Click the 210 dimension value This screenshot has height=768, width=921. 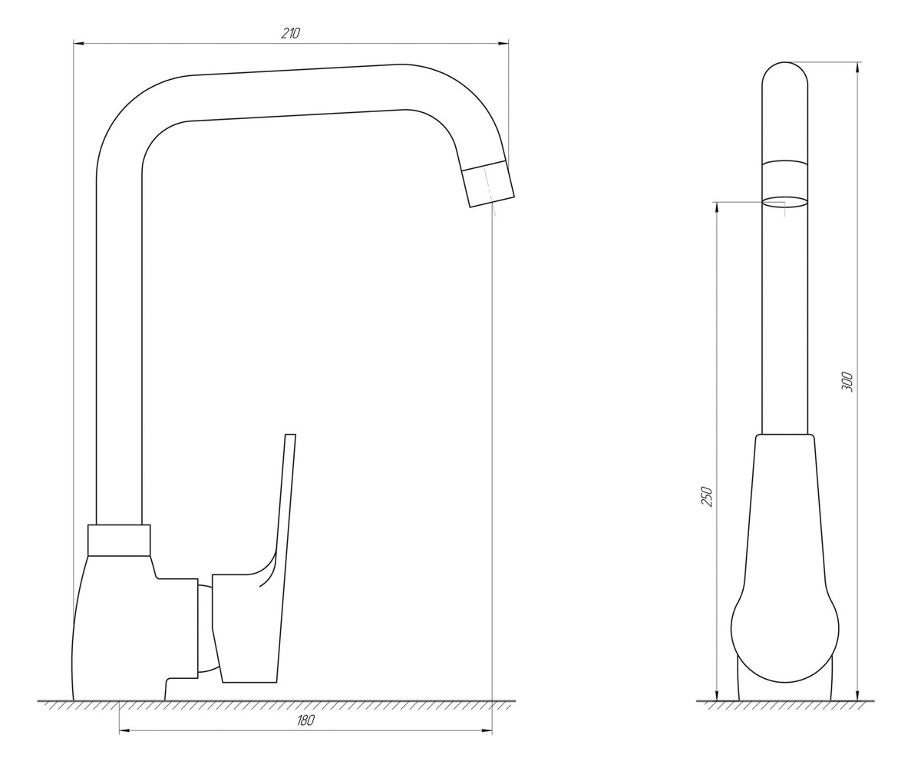coord(291,34)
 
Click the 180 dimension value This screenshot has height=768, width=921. coord(305,720)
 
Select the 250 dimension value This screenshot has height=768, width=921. coord(707,497)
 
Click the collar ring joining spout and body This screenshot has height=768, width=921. coord(119,540)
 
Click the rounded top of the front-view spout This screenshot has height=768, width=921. coord(785,73)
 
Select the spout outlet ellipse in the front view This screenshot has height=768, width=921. coord(785,202)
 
